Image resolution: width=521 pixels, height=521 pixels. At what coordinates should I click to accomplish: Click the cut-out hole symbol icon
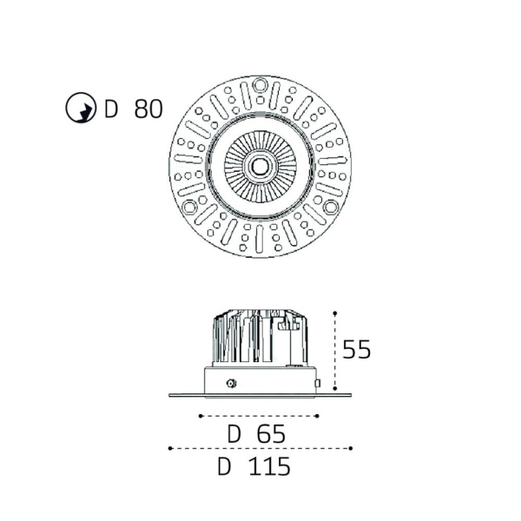[81, 108]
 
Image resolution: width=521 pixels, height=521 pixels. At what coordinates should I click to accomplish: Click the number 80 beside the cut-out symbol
[148, 109]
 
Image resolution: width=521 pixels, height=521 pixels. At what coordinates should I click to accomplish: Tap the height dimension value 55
[356, 349]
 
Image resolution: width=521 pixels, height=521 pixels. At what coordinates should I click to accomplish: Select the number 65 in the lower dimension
[271, 433]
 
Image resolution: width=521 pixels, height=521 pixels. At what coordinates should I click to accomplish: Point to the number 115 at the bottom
[269, 466]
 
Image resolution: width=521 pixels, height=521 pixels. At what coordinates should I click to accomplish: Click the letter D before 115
[224, 466]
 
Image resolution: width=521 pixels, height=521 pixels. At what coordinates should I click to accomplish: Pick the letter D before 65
[234, 433]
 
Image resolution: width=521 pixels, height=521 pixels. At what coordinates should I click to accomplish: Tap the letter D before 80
[111, 109]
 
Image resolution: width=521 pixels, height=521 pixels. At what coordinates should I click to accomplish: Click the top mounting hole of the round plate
[260, 84]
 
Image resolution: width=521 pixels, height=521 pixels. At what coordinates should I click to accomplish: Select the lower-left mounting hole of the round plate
[189, 207]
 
